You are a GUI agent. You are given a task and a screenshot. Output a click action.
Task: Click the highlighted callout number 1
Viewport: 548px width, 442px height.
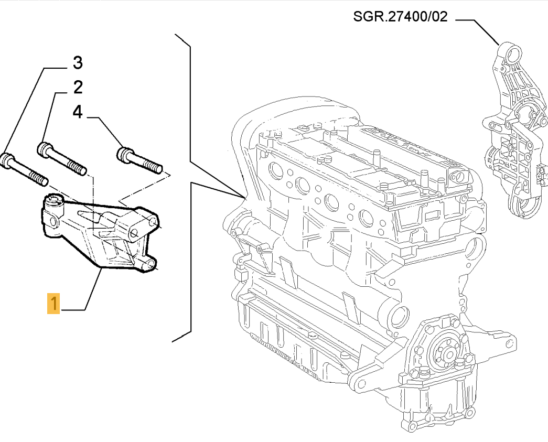tap(53, 304)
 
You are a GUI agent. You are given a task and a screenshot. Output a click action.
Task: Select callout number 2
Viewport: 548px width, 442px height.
tap(78, 87)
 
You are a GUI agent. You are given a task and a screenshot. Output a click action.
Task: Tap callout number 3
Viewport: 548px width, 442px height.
tap(77, 63)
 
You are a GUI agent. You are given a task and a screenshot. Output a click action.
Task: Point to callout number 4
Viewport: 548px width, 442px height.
tap(78, 112)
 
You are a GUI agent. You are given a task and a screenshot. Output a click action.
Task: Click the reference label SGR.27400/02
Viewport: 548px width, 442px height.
tap(400, 17)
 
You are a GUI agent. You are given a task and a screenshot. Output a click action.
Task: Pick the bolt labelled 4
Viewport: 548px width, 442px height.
tap(139, 160)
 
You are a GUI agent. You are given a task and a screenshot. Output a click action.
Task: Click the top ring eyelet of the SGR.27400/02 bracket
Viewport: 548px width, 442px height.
tap(513, 54)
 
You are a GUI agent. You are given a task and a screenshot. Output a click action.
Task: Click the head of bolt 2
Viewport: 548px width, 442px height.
tap(44, 149)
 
